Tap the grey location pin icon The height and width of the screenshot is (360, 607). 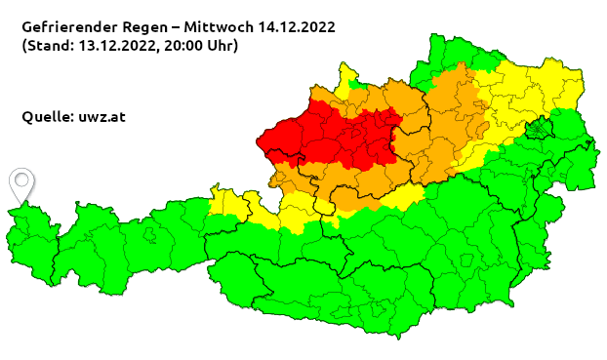pyautogui.click(x=20, y=183)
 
